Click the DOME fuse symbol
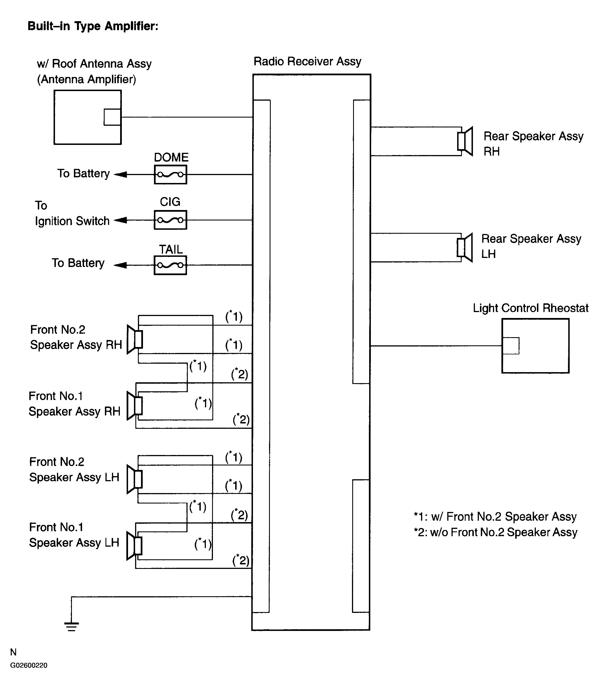click(170, 175)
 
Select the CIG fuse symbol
click(170, 220)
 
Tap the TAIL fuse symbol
click(170, 265)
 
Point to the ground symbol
click(72, 626)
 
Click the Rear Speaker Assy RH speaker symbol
click(465, 141)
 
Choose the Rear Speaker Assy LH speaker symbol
click(465, 248)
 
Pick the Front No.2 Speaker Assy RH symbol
click(135, 339)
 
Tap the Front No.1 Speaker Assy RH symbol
click(135, 405)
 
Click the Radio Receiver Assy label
click(307, 61)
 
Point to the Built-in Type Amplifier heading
click(93, 26)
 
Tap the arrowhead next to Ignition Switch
click(120, 220)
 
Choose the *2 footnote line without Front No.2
click(496, 532)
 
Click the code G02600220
click(29, 665)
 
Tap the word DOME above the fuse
click(171, 157)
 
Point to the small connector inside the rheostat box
click(511, 346)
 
